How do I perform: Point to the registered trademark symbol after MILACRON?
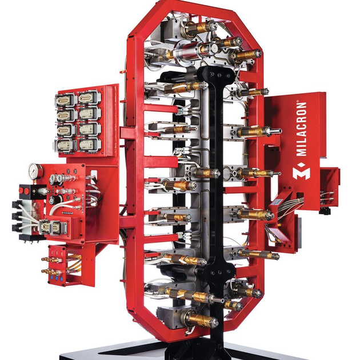pyautogui.click(x=304, y=105)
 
